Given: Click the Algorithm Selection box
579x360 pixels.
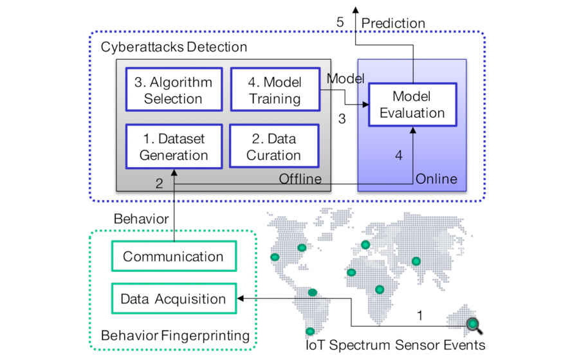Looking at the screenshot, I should coord(173,91).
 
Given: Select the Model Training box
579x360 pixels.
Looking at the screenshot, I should coord(275,91).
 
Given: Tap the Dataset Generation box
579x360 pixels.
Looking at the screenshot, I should coord(174,147).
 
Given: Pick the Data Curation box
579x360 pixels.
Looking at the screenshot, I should coord(274,147).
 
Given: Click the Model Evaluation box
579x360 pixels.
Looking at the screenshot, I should coord(412,105).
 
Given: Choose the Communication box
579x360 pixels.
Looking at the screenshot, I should coord(173,256).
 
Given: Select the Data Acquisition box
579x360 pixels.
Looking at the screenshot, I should coord(173,299).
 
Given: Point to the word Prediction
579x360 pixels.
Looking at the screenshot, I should coord(393,23).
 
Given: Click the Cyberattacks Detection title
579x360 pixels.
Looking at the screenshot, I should coord(174,48).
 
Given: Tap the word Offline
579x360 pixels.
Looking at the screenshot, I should coord(300,179).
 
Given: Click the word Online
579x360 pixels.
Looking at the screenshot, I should coord(436,179).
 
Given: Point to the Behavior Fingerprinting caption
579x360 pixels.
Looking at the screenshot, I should coord(175,336).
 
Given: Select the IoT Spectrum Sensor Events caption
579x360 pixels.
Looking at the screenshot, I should coord(395,345).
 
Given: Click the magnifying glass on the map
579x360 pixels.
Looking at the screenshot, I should coord(475,325).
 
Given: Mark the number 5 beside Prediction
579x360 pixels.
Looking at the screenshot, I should coord(340,22).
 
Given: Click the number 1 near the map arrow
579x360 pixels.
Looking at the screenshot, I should coord(420,316).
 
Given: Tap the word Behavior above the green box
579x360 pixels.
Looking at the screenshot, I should coord(141,219).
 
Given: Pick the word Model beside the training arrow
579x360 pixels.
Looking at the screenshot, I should coord(345,78).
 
